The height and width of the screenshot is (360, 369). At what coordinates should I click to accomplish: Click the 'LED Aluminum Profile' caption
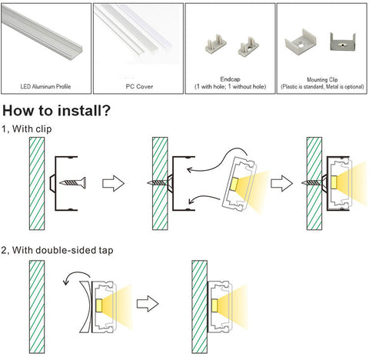tap(45, 86)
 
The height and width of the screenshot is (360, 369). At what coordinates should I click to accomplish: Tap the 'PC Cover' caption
tap(139, 86)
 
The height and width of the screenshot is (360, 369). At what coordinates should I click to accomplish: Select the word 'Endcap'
tap(230, 79)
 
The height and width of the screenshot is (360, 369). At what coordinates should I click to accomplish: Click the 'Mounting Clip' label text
tap(322, 80)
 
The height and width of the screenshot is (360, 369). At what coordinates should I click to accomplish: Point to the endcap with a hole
tap(248, 47)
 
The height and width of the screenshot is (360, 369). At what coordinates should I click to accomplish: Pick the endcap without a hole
tap(215, 44)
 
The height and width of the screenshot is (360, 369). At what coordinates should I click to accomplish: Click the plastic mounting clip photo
tap(301, 42)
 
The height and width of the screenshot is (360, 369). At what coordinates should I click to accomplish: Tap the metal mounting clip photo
tap(343, 42)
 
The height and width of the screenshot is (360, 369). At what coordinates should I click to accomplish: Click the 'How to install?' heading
tap(56, 111)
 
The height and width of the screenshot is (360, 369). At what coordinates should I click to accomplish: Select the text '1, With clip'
tap(27, 128)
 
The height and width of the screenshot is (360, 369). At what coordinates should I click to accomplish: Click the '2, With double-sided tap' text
tap(57, 250)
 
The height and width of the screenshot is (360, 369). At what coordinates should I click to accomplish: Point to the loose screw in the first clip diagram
tap(73, 182)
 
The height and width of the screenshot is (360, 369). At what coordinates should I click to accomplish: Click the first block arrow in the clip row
tap(113, 183)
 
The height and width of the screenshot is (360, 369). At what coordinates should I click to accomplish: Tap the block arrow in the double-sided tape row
tap(148, 304)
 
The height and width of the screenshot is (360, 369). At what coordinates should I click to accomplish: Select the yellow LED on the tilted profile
tap(234, 185)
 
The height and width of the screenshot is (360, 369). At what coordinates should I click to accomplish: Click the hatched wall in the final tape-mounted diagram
tap(200, 307)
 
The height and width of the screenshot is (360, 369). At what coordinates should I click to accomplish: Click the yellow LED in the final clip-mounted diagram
tap(334, 182)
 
